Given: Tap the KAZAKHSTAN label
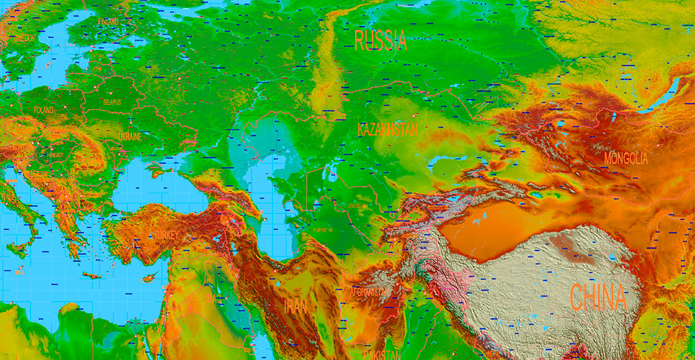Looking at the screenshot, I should (388, 129).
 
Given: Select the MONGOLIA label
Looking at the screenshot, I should (625, 158).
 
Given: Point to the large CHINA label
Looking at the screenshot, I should (598, 297).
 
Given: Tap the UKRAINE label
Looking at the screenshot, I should (129, 137).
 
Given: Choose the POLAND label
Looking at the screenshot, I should (42, 111).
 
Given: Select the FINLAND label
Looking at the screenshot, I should (108, 22).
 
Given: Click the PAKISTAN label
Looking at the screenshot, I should (381, 354).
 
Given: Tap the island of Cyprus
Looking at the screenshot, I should (147, 279).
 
